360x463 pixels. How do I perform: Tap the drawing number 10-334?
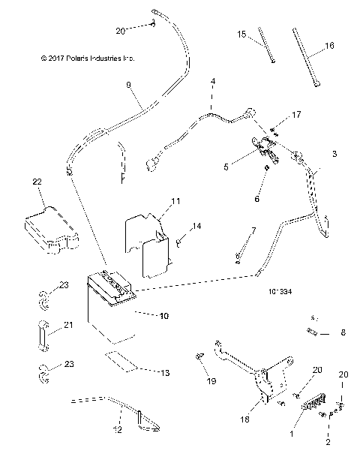[x=279, y=286]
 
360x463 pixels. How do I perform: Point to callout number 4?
[x=213, y=80]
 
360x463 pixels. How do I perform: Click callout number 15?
[x=241, y=34]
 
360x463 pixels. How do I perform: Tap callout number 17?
[x=296, y=114]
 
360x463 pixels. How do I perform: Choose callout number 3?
[x=334, y=152]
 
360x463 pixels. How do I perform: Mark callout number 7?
[x=253, y=230]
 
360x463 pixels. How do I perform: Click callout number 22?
[x=37, y=182]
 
